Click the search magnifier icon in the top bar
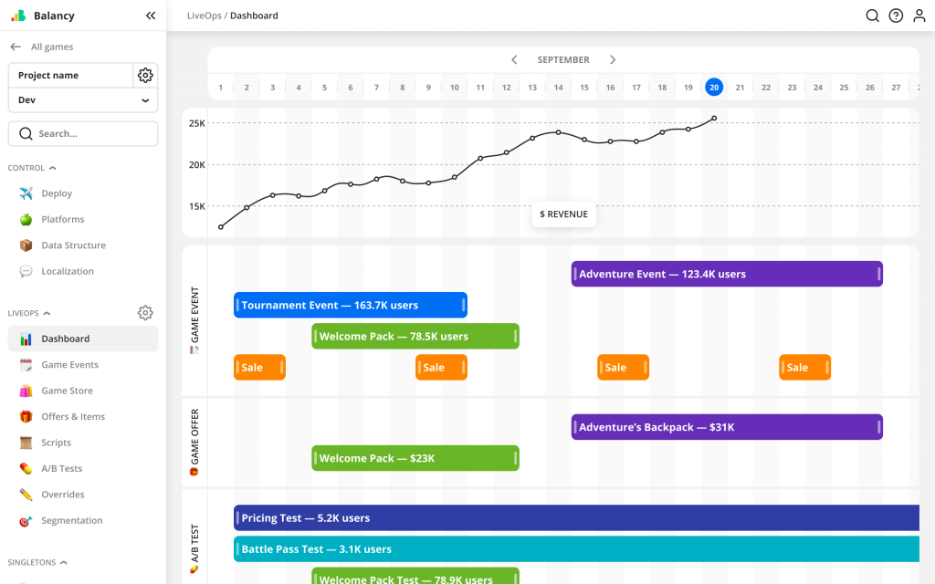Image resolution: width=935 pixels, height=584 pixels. pyautogui.click(x=872, y=16)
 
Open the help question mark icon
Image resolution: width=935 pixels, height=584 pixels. pyautogui.click(x=896, y=16)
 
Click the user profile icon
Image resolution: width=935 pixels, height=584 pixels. pyautogui.click(x=919, y=16)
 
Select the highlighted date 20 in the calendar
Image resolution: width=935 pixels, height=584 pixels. pyautogui.click(x=714, y=87)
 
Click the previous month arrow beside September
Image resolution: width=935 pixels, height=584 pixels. pyautogui.click(x=514, y=59)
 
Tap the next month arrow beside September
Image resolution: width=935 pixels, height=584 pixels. pyautogui.click(x=613, y=59)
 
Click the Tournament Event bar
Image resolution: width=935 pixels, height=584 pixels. pyautogui.click(x=351, y=305)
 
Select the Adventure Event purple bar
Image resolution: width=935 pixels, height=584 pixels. pyautogui.click(x=727, y=274)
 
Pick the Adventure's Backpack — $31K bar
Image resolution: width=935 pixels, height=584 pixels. pyautogui.click(x=727, y=427)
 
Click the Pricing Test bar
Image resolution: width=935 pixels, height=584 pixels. pyautogui.click(x=575, y=518)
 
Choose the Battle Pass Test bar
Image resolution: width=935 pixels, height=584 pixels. pyautogui.click(x=575, y=549)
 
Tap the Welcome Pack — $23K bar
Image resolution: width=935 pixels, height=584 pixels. pyautogui.click(x=415, y=458)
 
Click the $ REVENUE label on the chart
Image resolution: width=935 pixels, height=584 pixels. pyautogui.click(x=564, y=214)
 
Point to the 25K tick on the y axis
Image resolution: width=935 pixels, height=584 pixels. pyautogui.click(x=196, y=123)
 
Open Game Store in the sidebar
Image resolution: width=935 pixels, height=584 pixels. pyautogui.click(x=67, y=391)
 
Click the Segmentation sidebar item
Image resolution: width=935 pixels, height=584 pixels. pyautogui.click(x=71, y=520)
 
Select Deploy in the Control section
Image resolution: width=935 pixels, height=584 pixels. pyautogui.click(x=57, y=193)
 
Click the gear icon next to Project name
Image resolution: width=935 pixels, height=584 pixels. pyautogui.click(x=145, y=75)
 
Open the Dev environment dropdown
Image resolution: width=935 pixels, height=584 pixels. pyautogui.click(x=83, y=100)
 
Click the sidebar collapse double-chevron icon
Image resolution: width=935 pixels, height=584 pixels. pyautogui.click(x=151, y=16)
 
